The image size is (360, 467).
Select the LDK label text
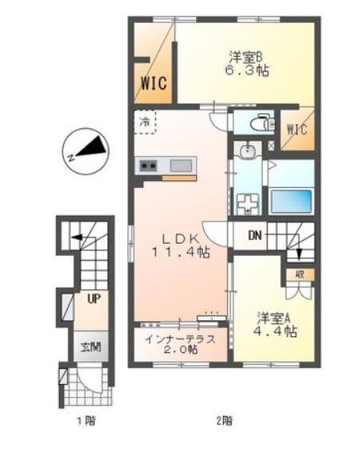pyautogui.click(x=180, y=238)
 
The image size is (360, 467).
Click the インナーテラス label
pyautogui.click(x=180, y=339)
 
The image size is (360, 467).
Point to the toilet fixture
pyautogui.click(x=259, y=122)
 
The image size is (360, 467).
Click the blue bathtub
pyautogui.click(x=291, y=201)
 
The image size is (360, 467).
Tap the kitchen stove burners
pyautogui.click(x=148, y=165)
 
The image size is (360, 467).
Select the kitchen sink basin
pyautogui.click(x=181, y=165)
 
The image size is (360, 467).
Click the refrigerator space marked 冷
pyautogui.click(x=145, y=122)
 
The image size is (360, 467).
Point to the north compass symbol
pyautogui.click(x=85, y=151)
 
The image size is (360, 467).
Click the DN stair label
pyautogui.click(x=255, y=236)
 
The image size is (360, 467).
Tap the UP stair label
pyautogui.click(x=94, y=298)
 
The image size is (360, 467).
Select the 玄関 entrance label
pyautogui.click(x=91, y=347)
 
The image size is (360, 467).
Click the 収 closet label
pyautogui.click(x=300, y=274)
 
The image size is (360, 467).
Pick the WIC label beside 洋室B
pyautogui.click(x=154, y=83)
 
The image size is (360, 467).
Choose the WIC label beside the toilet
pyautogui.click(x=297, y=130)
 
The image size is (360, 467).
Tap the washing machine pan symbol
pyautogui.click(x=247, y=204)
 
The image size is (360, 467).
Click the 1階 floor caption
pyautogui.click(x=87, y=421)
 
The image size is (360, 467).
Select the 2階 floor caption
pyautogui.click(x=224, y=421)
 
